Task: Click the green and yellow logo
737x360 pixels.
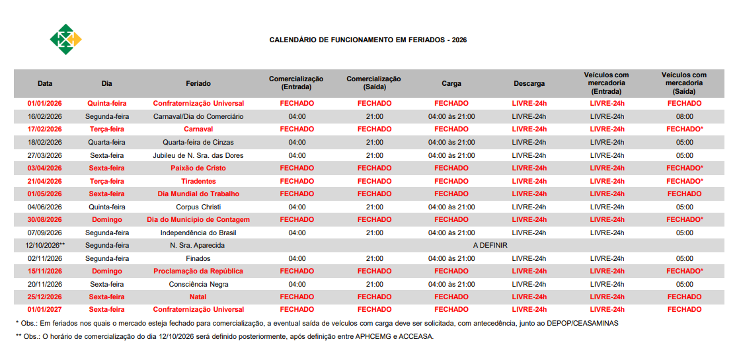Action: (x=65, y=40)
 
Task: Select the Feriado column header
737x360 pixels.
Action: (x=198, y=84)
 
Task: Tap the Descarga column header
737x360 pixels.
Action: (x=529, y=84)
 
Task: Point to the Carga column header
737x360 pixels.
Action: (x=451, y=84)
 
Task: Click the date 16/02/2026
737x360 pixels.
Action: (x=44, y=116)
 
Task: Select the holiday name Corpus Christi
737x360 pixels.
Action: (x=198, y=207)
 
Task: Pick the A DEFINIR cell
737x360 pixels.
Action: (x=490, y=245)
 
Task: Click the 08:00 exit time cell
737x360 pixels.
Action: (x=684, y=116)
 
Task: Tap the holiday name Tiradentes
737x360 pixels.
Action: (x=198, y=181)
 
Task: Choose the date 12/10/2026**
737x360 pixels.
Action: (x=45, y=245)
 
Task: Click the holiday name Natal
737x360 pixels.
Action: (x=198, y=297)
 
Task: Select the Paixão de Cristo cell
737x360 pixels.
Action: (x=198, y=168)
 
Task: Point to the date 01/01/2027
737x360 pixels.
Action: (x=44, y=310)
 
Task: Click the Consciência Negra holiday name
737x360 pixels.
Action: (x=198, y=284)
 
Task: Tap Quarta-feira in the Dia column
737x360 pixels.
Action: (x=106, y=142)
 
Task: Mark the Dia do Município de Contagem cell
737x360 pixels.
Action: (x=198, y=219)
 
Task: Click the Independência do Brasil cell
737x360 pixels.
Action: (x=198, y=233)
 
